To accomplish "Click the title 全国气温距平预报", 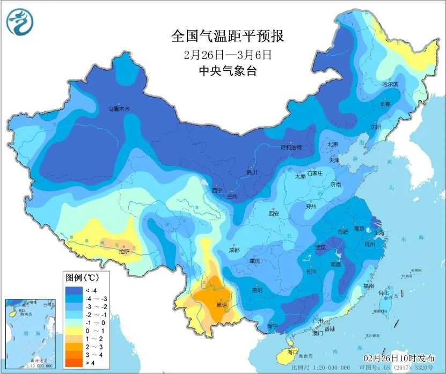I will point(227,36).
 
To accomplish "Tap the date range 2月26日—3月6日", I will point(227,54).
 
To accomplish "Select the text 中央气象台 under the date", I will point(227,71).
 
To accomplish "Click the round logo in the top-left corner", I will point(20,22).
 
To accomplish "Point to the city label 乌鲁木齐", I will point(119,109).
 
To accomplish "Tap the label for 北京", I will point(333,144).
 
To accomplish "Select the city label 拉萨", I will point(124,251).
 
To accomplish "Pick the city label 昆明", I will point(221,304).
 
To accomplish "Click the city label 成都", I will point(233,250).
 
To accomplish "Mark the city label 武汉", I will point(320,247).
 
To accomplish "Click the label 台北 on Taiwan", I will point(383,293).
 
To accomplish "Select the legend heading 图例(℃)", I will point(80,277).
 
